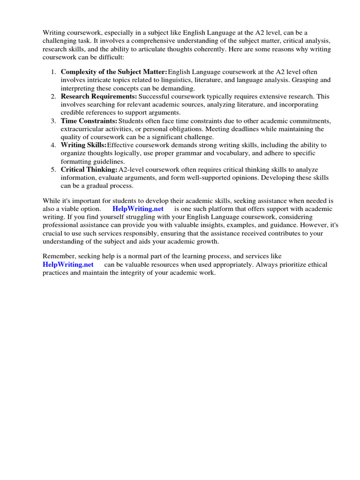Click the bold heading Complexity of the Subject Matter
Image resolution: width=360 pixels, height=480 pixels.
pyautogui.click(x=114, y=72)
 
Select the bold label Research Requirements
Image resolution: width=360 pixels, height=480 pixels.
pyautogui.click(x=98, y=96)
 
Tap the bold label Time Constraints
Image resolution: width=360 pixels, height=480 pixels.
pyautogui.click(x=89, y=120)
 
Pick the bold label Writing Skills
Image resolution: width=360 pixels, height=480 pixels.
pyautogui.click(x=83, y=145)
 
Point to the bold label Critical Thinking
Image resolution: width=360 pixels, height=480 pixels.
pyautogui.click(x=89, y=169)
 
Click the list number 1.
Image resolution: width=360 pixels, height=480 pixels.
pyautogui.click(x=53, y=72)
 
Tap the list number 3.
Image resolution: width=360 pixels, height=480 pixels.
pyautogui.click(x=53, y=120)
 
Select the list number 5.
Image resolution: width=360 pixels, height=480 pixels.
pyautogui.click(x=53, y=169)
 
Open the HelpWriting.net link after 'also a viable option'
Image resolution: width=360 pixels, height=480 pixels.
pyautogui.click(x=138, y=209)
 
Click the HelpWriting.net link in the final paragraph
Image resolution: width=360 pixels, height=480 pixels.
pyautogui.click(x=68, y=264)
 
